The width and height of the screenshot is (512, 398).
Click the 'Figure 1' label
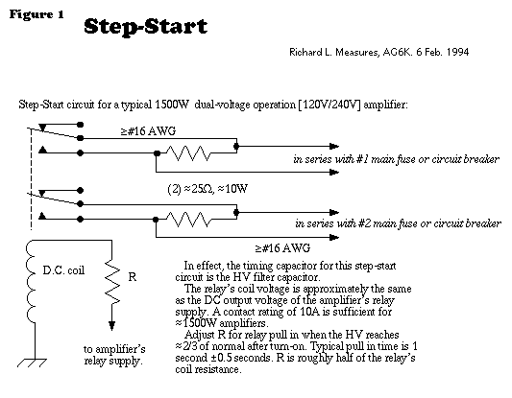click(x=37, y=14)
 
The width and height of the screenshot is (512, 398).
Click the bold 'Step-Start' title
click(x=146, y=27)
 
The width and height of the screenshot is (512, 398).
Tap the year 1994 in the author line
click(x=457, y=52)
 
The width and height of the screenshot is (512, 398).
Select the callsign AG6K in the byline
click(x=397, y=52)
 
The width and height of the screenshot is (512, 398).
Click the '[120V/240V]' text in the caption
click(x=329, y=105)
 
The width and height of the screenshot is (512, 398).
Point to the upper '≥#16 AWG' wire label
click(x=149, y=131)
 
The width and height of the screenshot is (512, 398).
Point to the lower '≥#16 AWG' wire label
click(x=282, y=248)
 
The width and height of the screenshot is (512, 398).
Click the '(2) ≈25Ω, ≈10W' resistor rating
click(x=207, y=189)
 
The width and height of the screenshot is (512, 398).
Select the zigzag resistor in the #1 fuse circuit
click(x=188, y=153)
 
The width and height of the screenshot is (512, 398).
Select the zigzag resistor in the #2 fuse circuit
click(x=188, y=219)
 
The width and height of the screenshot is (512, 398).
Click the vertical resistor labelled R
click(x=112, y=282)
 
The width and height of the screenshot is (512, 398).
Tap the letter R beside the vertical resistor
click(x=133, y=277)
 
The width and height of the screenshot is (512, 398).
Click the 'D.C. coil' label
click(x=63, y=270)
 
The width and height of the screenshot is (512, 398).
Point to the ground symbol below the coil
click(x=32, y=363)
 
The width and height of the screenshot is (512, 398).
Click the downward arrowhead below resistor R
click(x=112, y=326)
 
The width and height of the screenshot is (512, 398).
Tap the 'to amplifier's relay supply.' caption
click(x=114, y=355)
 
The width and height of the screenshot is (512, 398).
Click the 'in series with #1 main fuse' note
click(x=396, y=159)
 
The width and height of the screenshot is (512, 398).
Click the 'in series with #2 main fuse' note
click(x=398, y=223)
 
